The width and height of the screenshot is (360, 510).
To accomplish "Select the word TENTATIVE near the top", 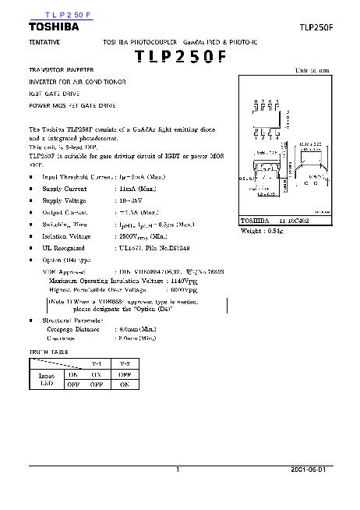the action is click(45, 39).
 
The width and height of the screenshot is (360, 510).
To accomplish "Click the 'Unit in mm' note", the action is click(311, 70).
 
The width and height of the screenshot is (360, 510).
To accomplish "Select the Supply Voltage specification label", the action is click(64, 200).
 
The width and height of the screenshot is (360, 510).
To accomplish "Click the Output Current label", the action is click(63, 212).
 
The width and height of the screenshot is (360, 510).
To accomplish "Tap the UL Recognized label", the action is click(64, 246).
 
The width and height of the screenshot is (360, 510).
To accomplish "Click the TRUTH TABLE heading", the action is click(49, 352).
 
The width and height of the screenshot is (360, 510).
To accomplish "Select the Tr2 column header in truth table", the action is click(124, 364).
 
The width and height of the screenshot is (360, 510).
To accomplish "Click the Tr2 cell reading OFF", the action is click(124, 374).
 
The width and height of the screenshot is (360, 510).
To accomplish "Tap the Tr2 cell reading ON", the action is click(124, 384).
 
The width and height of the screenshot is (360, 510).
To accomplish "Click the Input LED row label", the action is click(47, 379).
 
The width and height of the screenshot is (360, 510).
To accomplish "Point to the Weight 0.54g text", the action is click(261, 232).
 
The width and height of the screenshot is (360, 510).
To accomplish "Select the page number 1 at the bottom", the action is click(178, 470).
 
